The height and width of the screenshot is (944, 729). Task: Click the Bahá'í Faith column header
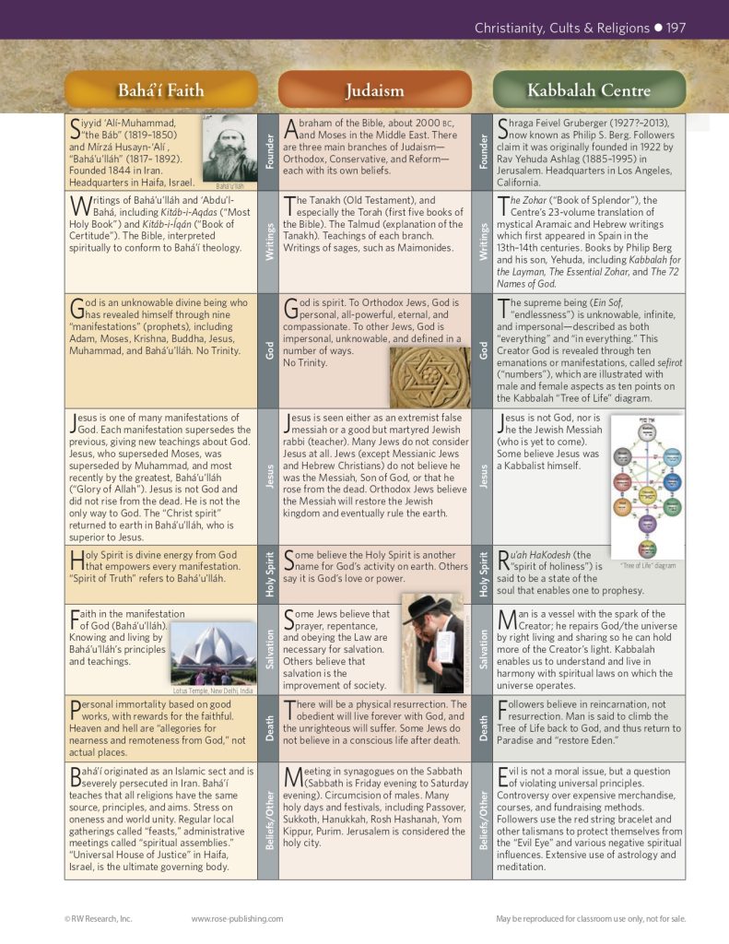point(160,90)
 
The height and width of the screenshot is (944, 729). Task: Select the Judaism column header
point(374,90)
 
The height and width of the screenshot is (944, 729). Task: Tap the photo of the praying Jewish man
point(434,642)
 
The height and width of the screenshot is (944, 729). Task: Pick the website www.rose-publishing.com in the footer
point(237,918)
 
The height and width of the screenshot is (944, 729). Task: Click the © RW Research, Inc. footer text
point(99,918)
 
